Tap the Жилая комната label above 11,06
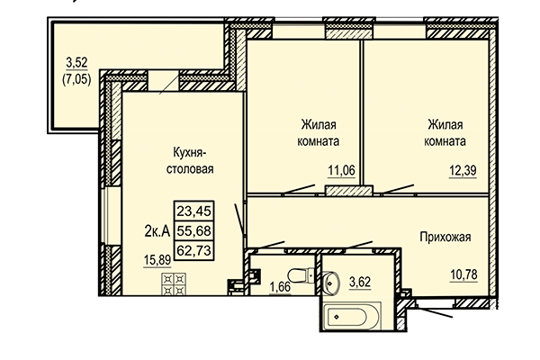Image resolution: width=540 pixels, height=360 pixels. pyautogui.click(x=315, y=133)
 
